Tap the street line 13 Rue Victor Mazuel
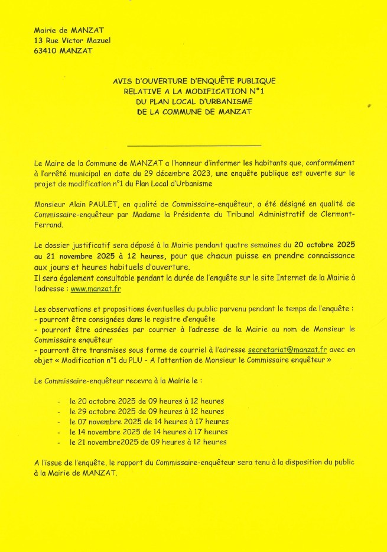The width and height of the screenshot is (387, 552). pos(72,40)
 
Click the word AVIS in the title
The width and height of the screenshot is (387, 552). pos(123,80)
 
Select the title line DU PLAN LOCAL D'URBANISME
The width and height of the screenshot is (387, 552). pos(194,101)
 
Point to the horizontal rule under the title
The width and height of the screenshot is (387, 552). pos(194,145)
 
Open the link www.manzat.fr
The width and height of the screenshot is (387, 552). pos(96,289)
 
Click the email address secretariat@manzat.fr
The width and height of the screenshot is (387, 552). pos(287,350)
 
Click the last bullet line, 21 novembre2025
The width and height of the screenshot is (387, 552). pos(148,442)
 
